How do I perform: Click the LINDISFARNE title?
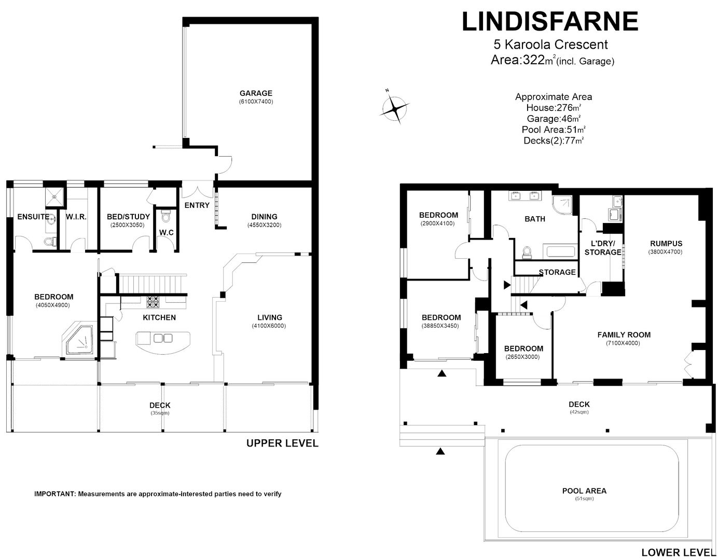pos(550,22)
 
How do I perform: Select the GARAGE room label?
pos(256,93)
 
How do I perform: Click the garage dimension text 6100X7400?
pos(256,102)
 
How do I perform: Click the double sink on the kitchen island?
pos(163,339)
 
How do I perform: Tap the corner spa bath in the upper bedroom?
pos(80,340)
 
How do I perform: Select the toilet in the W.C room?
pos(166,215)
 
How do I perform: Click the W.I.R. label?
pos(76,217)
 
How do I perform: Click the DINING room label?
pos(264,217)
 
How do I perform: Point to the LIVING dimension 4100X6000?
pos(270,326)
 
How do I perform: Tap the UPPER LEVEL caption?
pos(282,443)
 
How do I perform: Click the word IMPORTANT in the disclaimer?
pos(54,494)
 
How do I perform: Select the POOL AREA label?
pos(584,491)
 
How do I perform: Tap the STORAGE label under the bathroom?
pos(557,272)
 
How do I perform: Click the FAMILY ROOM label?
pos(624,334)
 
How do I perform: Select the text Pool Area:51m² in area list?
pos(554,130)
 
